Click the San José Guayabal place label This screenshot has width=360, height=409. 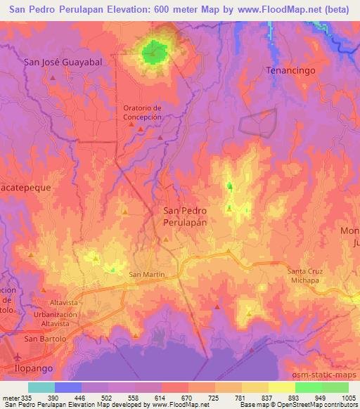(x=63, y=62)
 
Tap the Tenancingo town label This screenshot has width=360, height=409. (x=289, y=71)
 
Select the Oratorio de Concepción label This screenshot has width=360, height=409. (x=143, y=112)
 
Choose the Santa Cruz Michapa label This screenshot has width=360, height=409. (x=307, y=275)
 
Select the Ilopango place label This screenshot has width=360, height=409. (x=32, y=367)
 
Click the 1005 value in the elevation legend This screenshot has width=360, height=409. (x=348, y=398)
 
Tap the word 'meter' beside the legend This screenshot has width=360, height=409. (x=10, y=398)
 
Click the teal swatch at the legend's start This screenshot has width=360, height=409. (x=41, y=387)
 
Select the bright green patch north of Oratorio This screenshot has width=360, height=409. (x=154, y=51)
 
